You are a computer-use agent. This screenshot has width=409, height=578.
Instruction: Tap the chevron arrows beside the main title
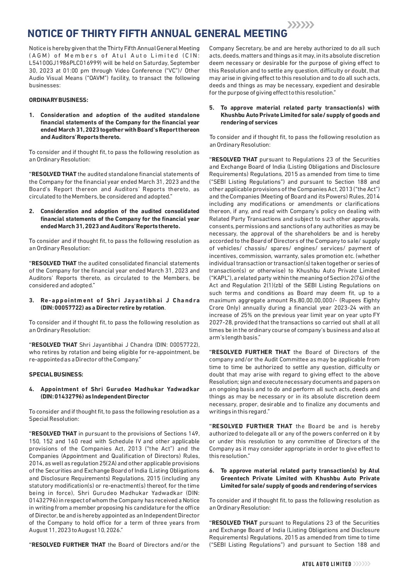(x=301, y=25)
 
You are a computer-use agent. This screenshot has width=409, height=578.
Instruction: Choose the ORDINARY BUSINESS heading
(x=58, y=100)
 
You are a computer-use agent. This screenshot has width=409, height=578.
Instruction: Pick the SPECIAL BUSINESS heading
(x=56, y=374)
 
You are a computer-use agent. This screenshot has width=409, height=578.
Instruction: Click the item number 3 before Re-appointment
(x=31, y=300)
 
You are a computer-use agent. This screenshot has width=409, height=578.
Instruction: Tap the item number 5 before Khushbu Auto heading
(x=211, y=108)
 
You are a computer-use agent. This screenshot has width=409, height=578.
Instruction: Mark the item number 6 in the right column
(x=211, y=471)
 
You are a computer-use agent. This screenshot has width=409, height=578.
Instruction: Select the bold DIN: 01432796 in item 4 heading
(x=62, y=397)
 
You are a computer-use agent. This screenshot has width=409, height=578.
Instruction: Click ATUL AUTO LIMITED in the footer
(x=327, y=564)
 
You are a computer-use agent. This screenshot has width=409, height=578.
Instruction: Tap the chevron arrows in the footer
(x=362, y=564)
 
